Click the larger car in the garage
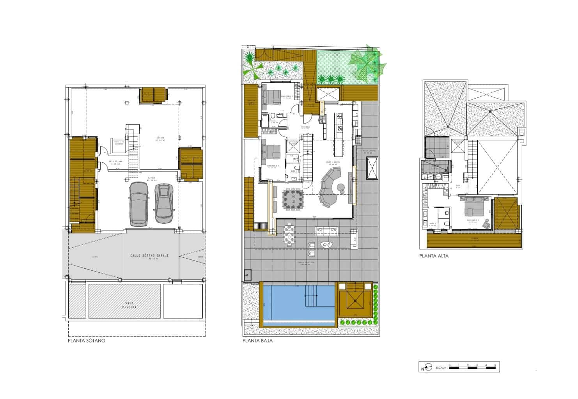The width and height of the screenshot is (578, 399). tap(138, 204)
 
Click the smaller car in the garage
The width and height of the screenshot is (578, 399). tap(164, 202)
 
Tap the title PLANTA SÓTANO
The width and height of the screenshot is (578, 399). tap(87, 340)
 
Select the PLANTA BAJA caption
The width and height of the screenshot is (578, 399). tap(257, 340)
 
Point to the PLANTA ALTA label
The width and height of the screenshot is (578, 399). tap(434, 256)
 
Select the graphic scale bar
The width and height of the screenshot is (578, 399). tap(472, 367)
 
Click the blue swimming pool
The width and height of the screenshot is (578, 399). tap(298, 303)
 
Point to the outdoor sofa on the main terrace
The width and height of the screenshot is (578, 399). tap(325, 231)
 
